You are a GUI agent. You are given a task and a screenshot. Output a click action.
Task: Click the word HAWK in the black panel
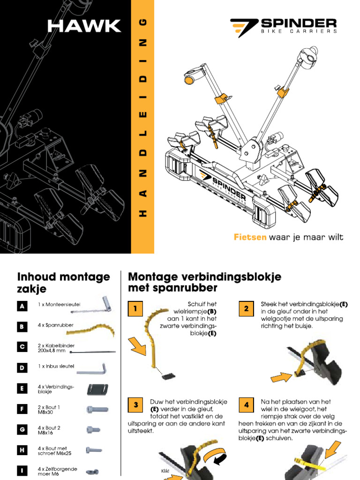[x=84, y=26]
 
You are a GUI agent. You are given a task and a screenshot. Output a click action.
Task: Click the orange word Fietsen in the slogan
[x=250, y=237]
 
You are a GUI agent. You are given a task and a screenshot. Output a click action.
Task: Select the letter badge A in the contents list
[x=22, y=306]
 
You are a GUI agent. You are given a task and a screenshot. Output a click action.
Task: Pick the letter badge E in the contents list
[x=22, y=389]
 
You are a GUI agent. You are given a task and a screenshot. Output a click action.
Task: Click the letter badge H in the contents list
[x=22, y=450]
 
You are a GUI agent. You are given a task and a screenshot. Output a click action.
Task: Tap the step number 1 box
[x=135, y=309]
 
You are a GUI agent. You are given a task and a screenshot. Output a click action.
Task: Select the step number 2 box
[x=246, y=309]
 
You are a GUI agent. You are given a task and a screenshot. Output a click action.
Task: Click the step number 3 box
[x=135, y=405]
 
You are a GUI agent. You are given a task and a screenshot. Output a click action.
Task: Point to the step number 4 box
[x=246, y=405]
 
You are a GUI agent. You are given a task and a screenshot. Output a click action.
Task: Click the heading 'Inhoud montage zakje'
[x=63, y=283]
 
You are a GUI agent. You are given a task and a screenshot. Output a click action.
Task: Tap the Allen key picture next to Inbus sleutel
[x=92, y=368]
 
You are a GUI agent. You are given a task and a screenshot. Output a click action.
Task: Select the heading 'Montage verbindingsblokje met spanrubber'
[x=204, y=282]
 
